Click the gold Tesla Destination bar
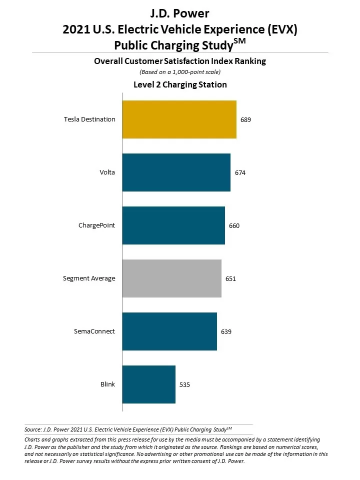pyautogui.click(x=179, y=119)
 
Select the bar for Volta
pyautogui.click(x=176, y=172)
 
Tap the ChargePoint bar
pyautogui.click(x=173, y=225)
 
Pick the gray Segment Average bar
pyautogui.click(x=171, y=278)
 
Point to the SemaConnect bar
pyautogui.click(x=169, y=331)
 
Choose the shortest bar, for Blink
pyautogui.click(x=148, y=384)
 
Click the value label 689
pyautogui.click(x=245, y=120)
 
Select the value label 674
pyautogui.click(x=240, y=173)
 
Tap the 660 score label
pyautogui.click(x=234, y=226)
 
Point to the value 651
pyautogui.click(x=230, y=279)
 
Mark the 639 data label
pyautogui.click(x=226, y=332)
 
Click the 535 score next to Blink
pyautogui.click(x=185, y=385)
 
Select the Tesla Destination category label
pyautogui.click(x=89, y=119)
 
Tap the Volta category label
pyautogui.click(x=107, y=172)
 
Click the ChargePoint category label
pyautogui.click(x=96, y=225)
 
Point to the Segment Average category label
pyautogui.click(x=89, y=278)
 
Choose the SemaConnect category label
pyautogui.click(x=95, y=331)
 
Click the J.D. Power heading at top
pyautogui.click(x=180, y=12)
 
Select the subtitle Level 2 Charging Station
pyautogui.click(x=180, y=85)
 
